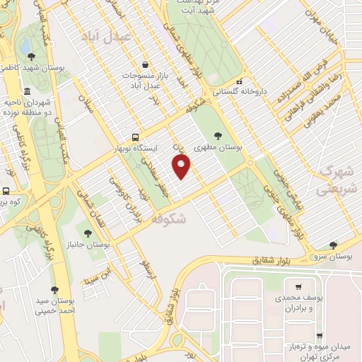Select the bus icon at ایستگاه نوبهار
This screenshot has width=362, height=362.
point(135,138)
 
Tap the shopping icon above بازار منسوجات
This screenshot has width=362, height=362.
point(145,64)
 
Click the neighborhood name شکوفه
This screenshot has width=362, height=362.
point(168,220)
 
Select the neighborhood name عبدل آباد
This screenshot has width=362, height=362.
point(105,35)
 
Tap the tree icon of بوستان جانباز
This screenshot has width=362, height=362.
point(88,232)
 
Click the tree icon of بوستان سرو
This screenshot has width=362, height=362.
point(333,245)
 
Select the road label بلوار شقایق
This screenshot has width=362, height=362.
point(274,260)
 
